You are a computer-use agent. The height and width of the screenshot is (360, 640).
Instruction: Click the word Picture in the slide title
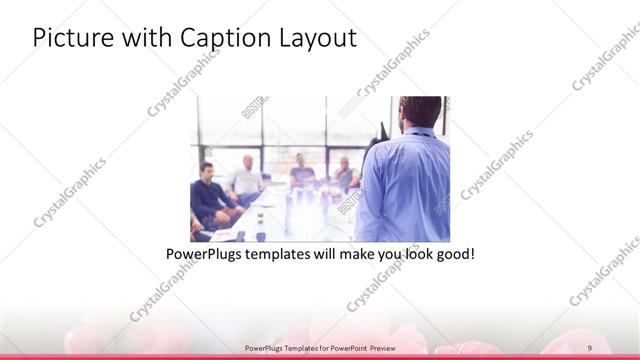pos(66,37)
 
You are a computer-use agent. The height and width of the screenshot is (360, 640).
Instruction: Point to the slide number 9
pos(590,347)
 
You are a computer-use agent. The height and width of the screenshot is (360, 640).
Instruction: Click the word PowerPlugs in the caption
pos(203,254)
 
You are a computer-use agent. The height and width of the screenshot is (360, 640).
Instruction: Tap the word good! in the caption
pos(454,254)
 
